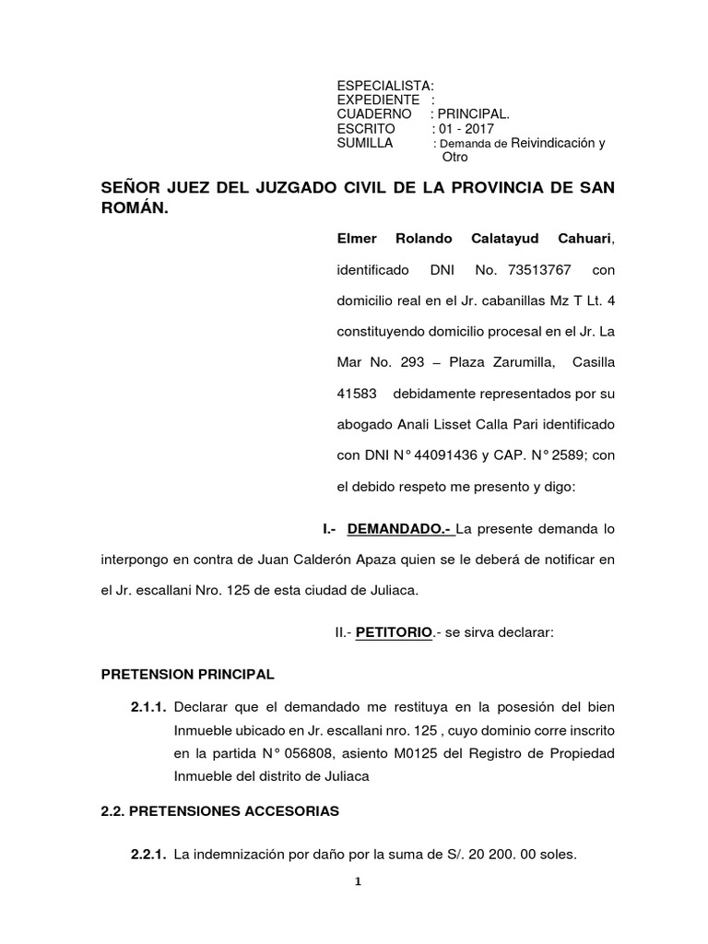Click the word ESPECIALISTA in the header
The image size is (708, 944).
coord(378,85)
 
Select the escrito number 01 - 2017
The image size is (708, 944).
coord(465,128)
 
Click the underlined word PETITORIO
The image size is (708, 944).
coord(395,632)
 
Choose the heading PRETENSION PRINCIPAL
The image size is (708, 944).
coord(187,674)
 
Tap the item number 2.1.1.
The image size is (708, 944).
coord(147,707)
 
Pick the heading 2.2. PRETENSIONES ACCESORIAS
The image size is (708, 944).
coord(220,811)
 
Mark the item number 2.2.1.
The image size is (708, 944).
coord(147,854)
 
